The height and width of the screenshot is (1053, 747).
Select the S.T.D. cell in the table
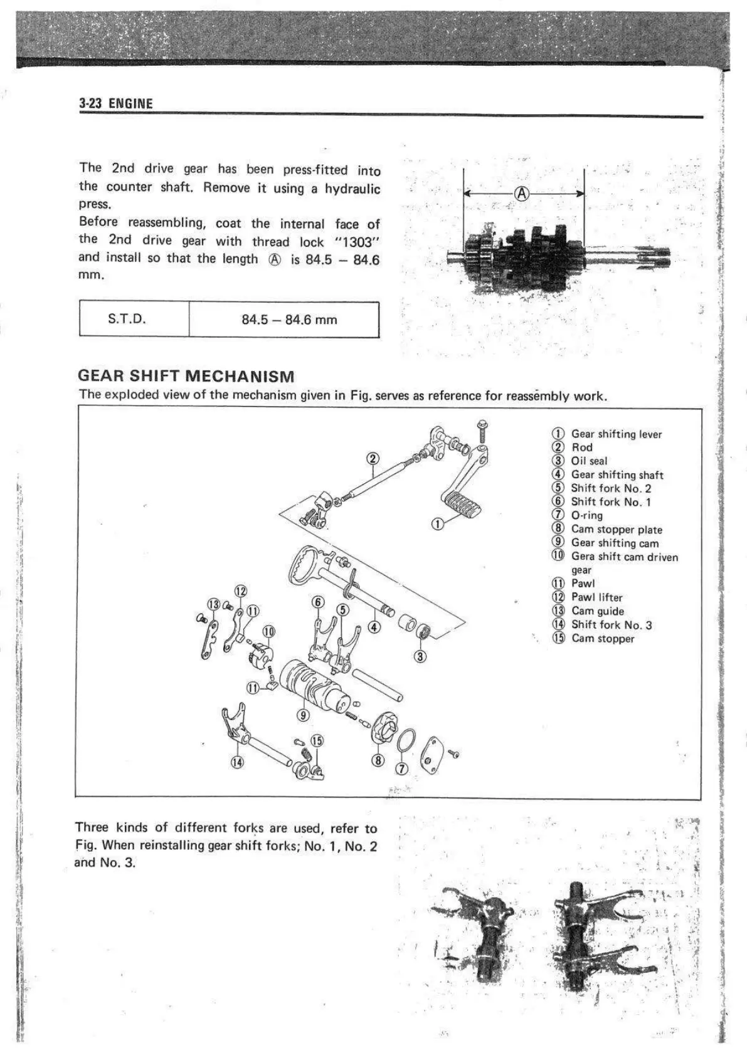pos(127,319)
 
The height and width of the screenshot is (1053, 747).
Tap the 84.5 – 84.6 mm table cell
pos(289,320)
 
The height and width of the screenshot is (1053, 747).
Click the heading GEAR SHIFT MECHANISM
pos(186,377)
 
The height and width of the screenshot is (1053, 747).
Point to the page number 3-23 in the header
pos(90,104)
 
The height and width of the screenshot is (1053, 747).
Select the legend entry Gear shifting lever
pos(616,434)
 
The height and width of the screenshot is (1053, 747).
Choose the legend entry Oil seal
pos(589,461)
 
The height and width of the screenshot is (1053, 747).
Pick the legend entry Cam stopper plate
pos(616,529)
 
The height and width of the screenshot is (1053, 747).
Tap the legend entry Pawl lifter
pos(596,597)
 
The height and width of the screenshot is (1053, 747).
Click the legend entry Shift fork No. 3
pos(611,624)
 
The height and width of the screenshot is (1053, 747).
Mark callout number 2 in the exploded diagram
pos(373,458)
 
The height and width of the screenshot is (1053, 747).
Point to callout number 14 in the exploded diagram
pos(237,762)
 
